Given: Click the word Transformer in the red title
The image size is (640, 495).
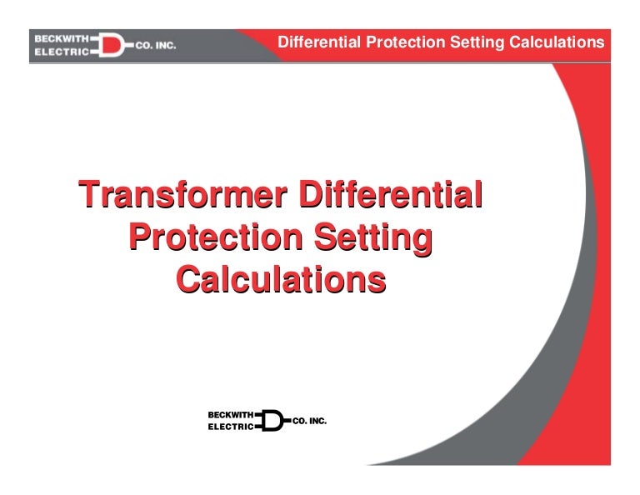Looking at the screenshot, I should point(182,196).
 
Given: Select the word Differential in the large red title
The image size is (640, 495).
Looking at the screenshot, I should point(390,196).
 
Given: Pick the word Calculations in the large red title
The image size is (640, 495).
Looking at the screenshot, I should point(281,279).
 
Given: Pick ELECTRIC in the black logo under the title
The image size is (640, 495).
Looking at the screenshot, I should point(230,426).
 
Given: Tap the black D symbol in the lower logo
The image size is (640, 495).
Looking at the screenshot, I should point(272,420).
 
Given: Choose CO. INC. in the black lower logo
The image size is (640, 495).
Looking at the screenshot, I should point(308,421).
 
